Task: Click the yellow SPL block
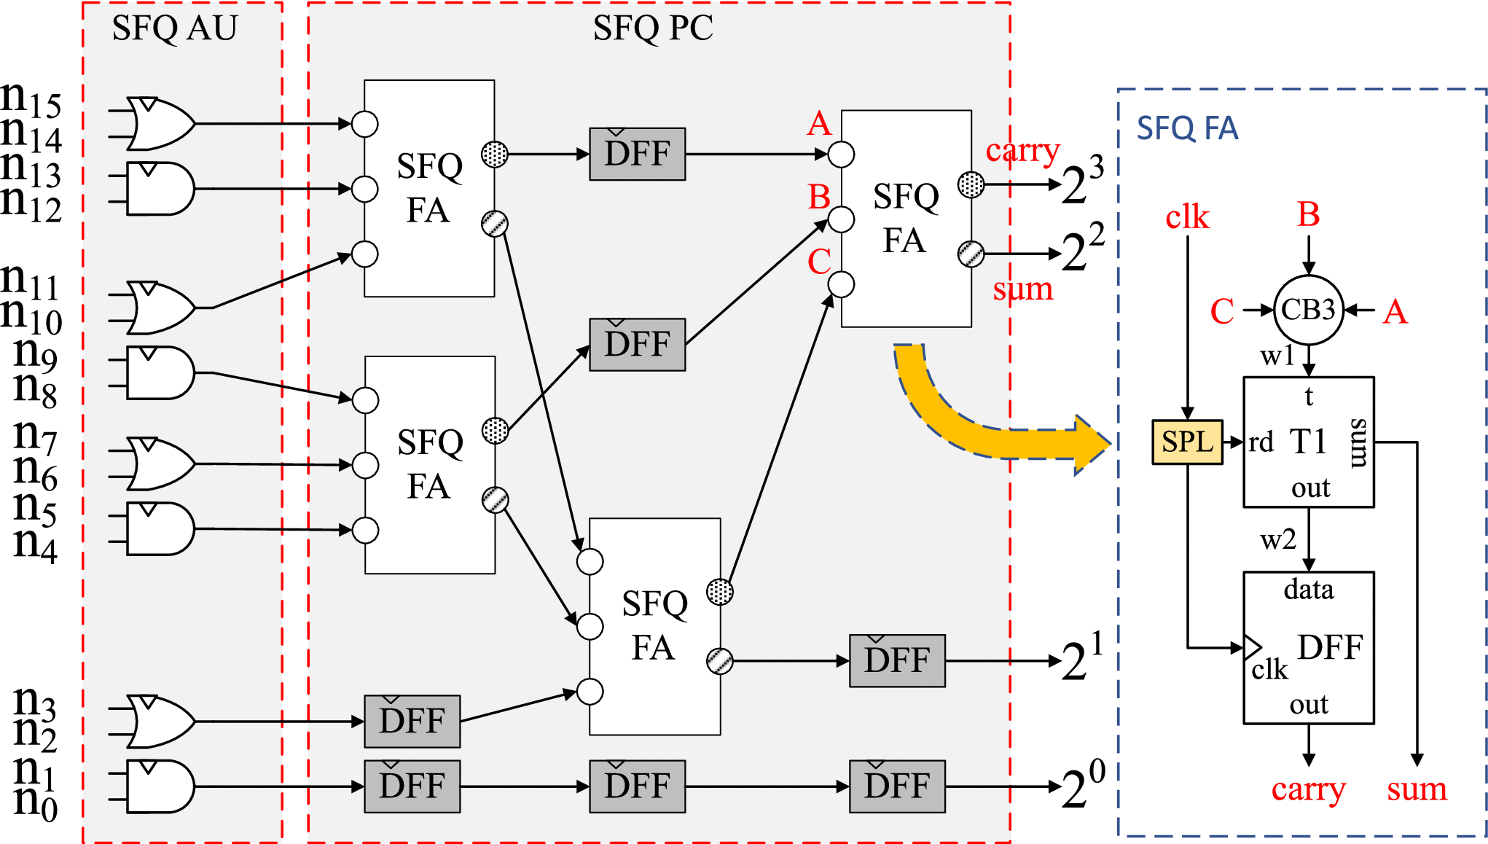point(1187,442)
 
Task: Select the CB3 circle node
point(1308,310)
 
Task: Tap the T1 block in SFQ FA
point(1308,442)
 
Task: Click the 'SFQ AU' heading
point(175,28)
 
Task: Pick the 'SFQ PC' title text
point(653,28)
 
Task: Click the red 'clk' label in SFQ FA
point(1187,217)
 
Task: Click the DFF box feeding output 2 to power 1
point(897,660)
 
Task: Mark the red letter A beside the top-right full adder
point(819,124)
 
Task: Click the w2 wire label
point(1278,540)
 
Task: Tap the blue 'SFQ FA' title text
point(1187,128)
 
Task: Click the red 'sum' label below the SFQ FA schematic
point(1417,789)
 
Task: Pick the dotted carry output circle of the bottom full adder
point(720,592)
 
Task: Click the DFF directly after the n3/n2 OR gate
point(412,721)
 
